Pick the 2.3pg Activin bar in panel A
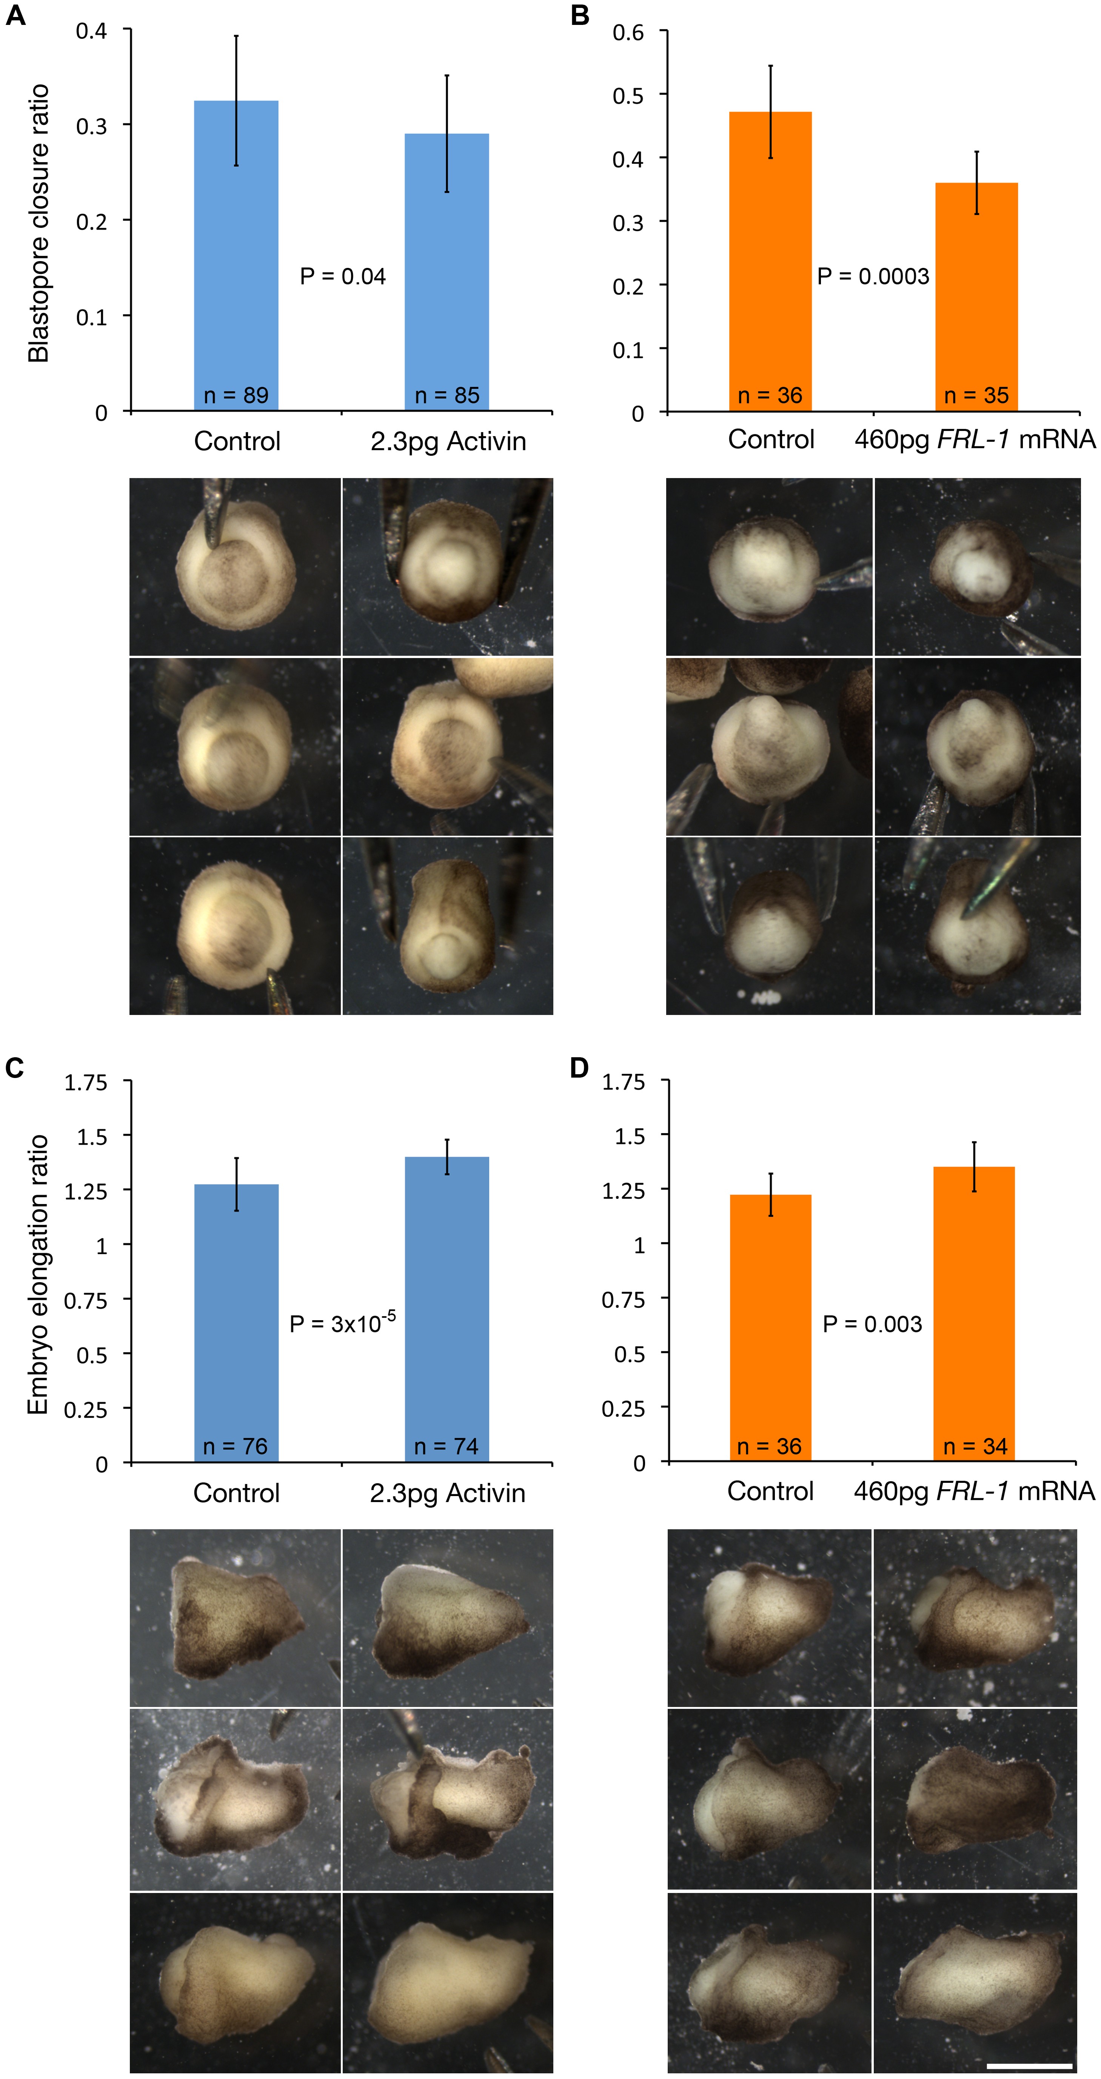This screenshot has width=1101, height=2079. pyautogui.click(x=447, y=266)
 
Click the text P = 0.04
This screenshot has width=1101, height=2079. pyautogui.click(x=343, y=277)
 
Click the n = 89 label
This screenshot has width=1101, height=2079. pyautogui.click(x=236, y=395)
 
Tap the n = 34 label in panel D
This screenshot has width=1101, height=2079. pyautogui.click(x=975, y=1446)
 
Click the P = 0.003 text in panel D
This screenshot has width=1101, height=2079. pyautogui.click(x=872, y=1324)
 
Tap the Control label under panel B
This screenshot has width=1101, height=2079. pyautogui.click(x=771, y=440)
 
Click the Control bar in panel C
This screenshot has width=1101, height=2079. pyautogui.click(x=237, y=1324)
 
